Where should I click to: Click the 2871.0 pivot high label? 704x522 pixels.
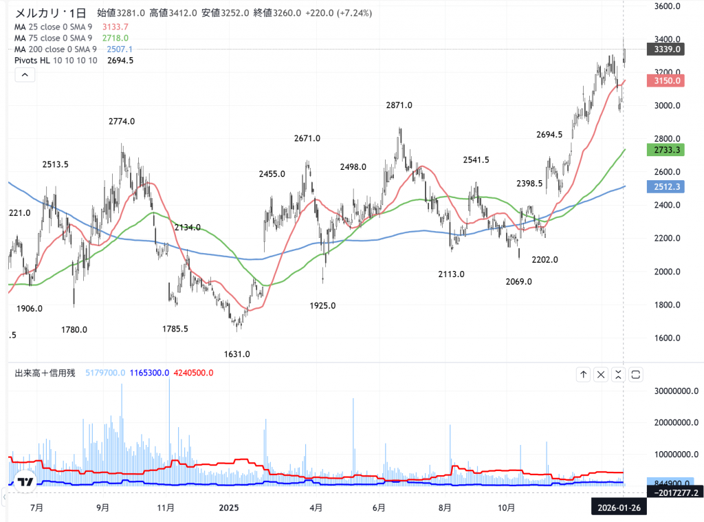click(399, 105)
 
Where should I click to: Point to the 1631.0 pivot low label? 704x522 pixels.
click(237, 354)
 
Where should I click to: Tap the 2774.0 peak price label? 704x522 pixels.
click(122, 121)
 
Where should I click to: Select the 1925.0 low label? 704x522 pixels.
click(322, 306)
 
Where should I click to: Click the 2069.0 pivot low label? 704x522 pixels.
click(518, 281)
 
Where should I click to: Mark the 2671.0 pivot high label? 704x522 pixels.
click(307, 138)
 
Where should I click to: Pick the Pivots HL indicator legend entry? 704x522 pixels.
click(55, 61)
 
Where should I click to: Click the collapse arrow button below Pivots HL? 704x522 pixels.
click(24, 76)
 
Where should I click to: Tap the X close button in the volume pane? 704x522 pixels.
click(601, 374)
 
